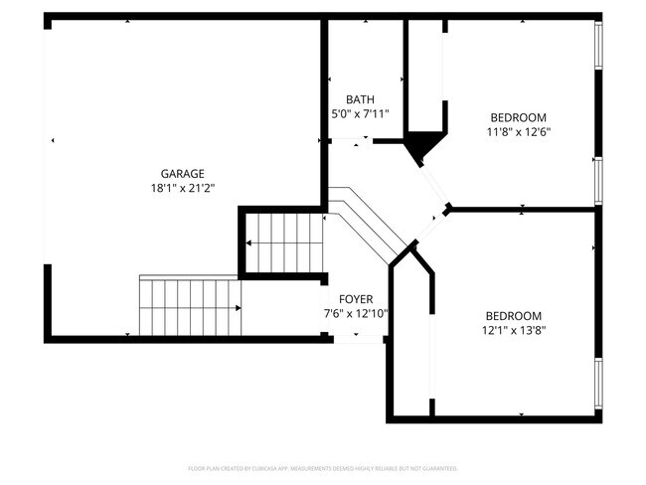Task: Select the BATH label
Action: coord(359,99)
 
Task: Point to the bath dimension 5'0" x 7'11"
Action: coord(359,113)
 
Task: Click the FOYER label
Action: coord(356,299)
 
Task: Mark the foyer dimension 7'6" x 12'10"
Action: coord(356,313)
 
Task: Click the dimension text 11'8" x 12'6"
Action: coord(518,131)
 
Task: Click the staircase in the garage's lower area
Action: coord(190,307)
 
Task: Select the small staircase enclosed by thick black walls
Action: coord(284,242)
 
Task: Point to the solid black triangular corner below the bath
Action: coord(423,147)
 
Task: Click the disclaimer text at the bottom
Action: coord(322,467)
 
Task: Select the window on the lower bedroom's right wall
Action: coord(598,383)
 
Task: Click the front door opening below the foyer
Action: coord(357,339)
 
